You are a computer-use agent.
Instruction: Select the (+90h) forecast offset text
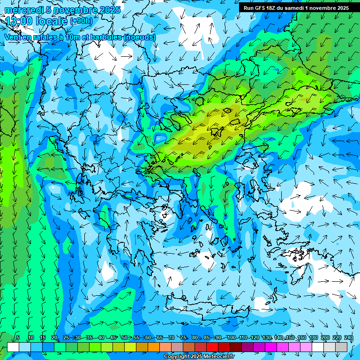click(81, 21)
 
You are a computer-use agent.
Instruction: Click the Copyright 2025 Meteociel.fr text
click(199, 357)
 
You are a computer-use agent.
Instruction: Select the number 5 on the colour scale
click(17, 338)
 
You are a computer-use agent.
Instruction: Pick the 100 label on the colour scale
click(232, 338)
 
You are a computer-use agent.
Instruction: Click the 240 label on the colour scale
click(349, 338)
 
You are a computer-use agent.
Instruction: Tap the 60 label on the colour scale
click(148, 338)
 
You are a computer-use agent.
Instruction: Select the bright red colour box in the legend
click(212, 347)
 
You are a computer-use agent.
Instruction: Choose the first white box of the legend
click(13, 347)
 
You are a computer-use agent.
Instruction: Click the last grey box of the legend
click(341, 347)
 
